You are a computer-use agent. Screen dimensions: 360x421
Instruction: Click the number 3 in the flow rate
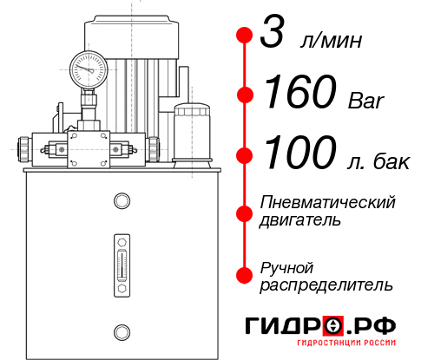(273, 36)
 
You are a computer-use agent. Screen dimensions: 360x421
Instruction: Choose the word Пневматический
(328, 202)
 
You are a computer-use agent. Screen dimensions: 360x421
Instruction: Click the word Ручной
(287, 266)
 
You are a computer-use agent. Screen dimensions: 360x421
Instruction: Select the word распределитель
(326, 284)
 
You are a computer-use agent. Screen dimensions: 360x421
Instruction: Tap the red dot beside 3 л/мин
(245, 36)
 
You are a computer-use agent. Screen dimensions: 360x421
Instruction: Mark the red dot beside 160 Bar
(245, 94)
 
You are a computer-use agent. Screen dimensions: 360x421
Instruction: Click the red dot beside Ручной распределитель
(245, 274)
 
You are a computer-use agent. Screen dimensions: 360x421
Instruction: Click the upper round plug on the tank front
(122, 202)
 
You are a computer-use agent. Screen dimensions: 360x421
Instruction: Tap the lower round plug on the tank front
(122, 330)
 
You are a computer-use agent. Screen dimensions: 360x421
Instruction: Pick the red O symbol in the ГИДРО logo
(335, 327)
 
